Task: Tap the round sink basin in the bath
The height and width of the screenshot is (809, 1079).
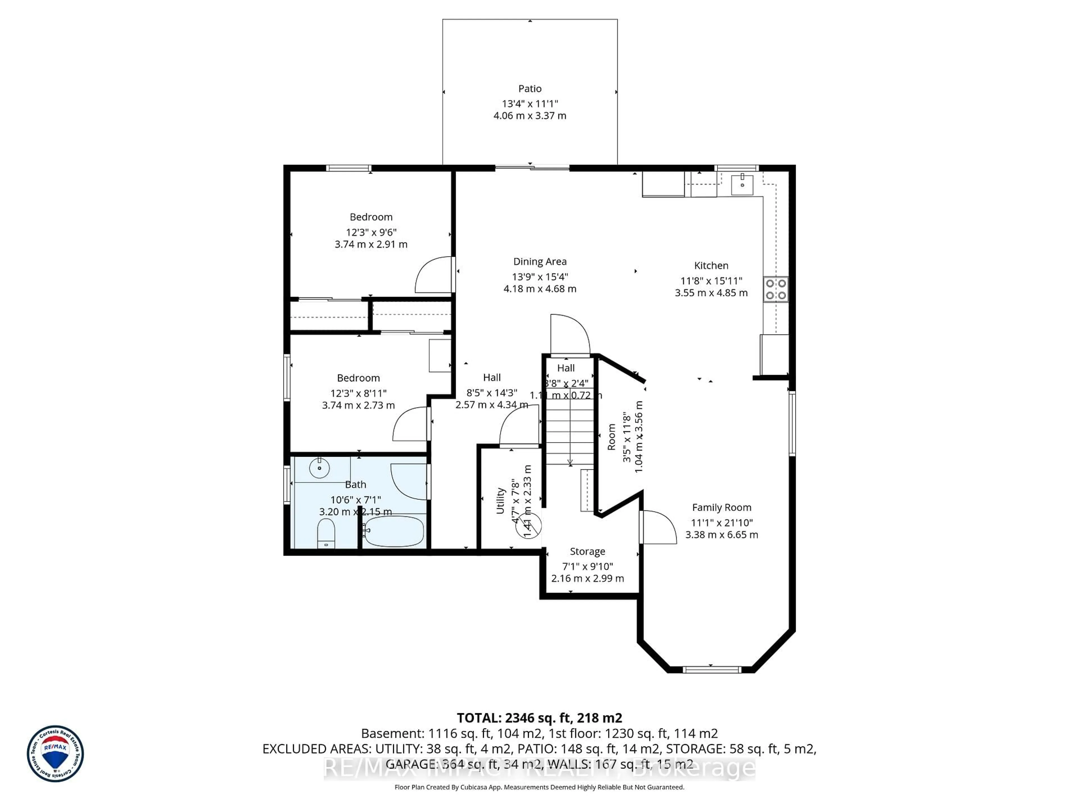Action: (x=319, y=468)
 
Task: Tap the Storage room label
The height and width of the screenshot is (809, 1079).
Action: (x=587, y=551)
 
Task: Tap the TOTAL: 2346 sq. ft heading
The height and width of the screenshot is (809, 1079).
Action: (x=539, y=718)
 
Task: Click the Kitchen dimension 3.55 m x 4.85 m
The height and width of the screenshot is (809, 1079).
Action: (x=711, y=293)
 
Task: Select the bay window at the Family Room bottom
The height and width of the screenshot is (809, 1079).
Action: (x=712, y=670)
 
